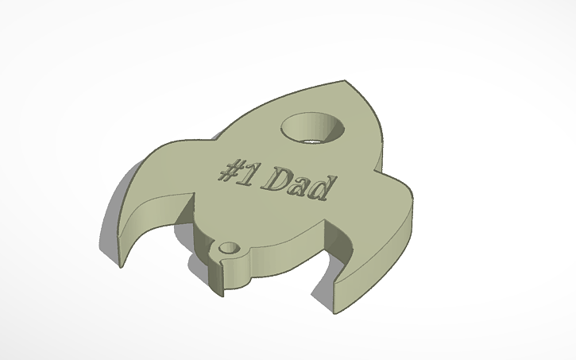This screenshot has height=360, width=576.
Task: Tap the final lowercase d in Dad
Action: (320, 191)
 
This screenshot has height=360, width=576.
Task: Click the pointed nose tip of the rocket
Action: (347, 82)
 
